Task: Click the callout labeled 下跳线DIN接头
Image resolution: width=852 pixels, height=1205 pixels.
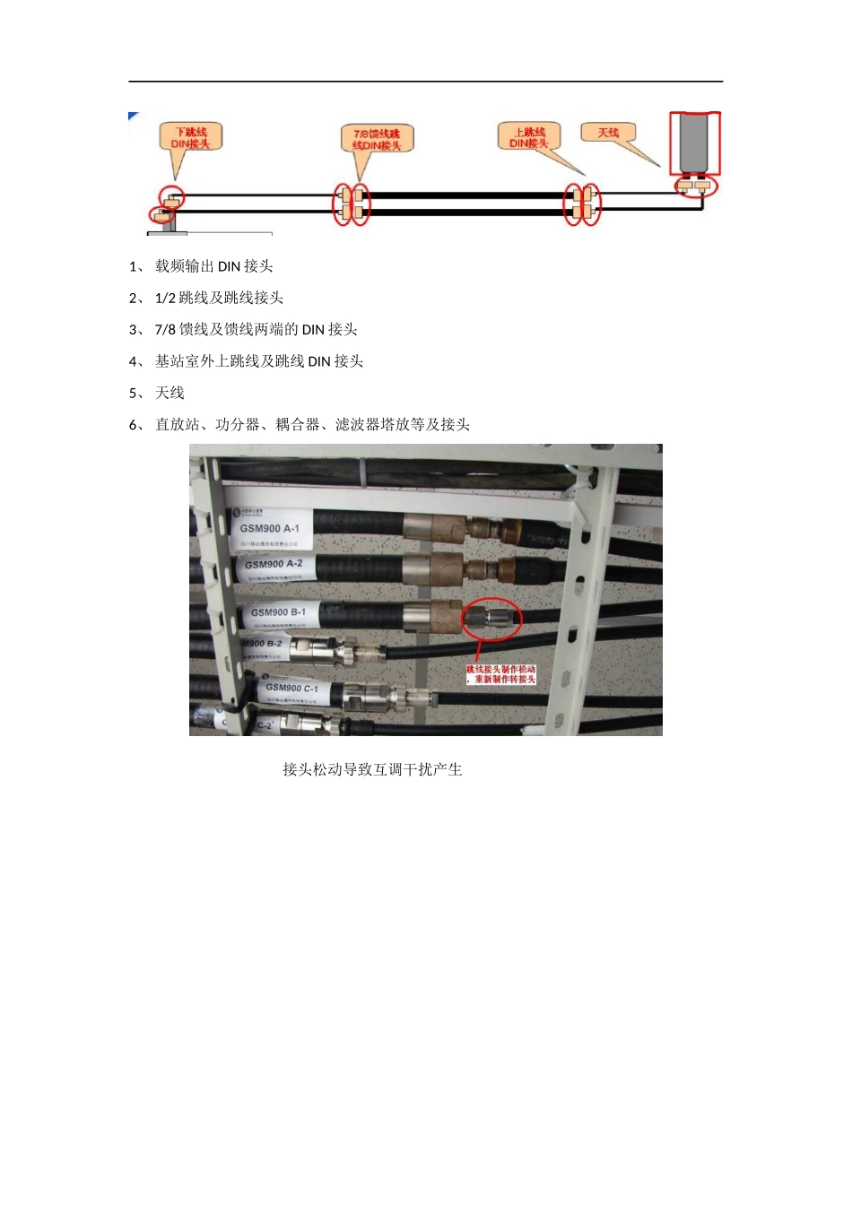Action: click(190, 138)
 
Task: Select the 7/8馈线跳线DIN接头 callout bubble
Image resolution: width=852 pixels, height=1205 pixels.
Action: click(377, 139)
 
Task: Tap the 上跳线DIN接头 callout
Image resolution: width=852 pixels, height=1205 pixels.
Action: click(529, 137)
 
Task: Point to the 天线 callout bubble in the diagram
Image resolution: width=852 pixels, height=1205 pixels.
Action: click(608, 133)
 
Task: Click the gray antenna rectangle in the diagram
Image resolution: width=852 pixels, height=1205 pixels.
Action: click(695, 143)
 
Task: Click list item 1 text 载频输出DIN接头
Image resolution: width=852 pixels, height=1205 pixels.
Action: click(213, 266)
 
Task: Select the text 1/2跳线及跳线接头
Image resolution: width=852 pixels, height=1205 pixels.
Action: click(219, 298)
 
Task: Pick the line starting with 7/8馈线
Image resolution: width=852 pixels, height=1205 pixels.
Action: click(256, 329)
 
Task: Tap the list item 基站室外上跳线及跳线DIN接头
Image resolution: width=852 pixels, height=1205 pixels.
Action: click(258, 361)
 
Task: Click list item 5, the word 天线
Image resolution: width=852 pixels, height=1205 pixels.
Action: click(170, 393)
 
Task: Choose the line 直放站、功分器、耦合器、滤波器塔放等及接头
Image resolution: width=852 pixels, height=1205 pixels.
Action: click(312, 424)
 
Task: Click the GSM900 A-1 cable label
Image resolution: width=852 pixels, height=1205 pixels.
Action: click(270, 528)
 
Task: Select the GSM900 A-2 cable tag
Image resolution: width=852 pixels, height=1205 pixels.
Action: click(274, 565)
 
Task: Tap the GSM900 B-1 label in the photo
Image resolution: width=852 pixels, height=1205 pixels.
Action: click(279, 612)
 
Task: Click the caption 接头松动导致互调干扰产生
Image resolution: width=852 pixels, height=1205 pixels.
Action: click(372, 769)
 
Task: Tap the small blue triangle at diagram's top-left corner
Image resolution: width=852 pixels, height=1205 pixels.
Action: click(133, 116)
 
